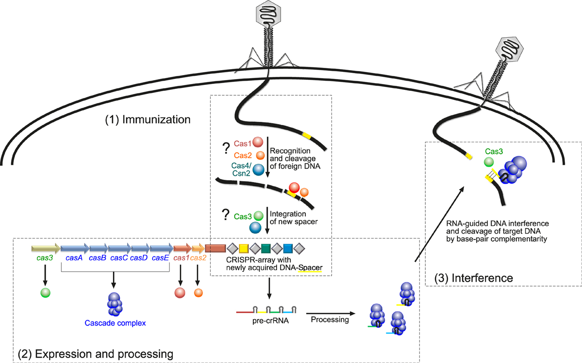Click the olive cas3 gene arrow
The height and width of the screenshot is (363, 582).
point(46,248)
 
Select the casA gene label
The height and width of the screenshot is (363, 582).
point(74,258)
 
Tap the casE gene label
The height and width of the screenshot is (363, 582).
point(160,258)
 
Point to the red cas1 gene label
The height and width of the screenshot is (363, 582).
point(181,258)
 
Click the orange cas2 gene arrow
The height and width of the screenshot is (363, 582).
point(198,248)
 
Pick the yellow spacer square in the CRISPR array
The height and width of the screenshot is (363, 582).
point(244,248)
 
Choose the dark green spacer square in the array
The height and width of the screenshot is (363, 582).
point(266,248)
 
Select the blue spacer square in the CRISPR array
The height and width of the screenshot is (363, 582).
point(288,248)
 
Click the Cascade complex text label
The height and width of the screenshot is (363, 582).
point(115,323)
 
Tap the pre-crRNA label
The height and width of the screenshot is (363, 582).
point(270,321)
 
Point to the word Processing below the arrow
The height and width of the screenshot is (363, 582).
point(330,319)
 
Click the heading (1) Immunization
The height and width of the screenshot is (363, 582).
point(148,120)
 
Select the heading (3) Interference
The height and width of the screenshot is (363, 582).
point(474,278)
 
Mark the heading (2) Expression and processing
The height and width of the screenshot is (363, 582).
point(95,354)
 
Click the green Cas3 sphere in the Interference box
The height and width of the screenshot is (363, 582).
point(489,162)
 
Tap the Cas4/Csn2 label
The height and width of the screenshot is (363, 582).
point(242,169)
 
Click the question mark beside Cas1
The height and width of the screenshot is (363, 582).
point(226,148)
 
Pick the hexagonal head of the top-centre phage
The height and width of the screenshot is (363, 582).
point(269,13)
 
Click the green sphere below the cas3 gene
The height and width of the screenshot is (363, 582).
point(45,293)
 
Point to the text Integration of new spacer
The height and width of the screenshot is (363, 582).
point(294,218)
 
